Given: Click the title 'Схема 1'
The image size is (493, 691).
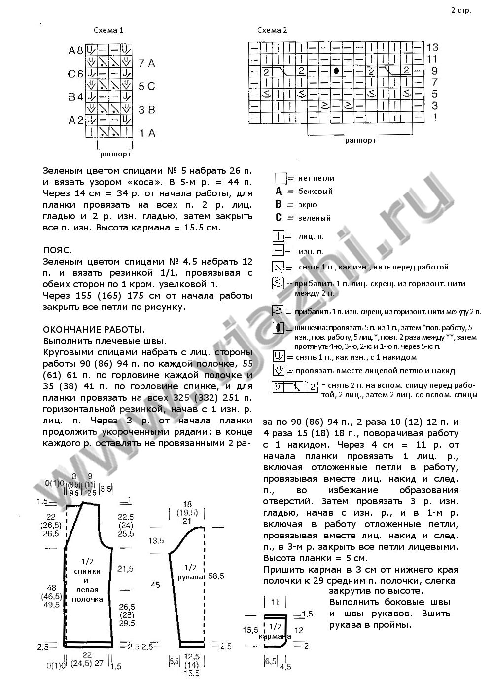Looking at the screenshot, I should (x=108, y=30).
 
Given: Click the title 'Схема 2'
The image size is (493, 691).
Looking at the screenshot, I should (x=272, y=30).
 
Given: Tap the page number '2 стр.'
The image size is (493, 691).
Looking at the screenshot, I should (x=460, y=10).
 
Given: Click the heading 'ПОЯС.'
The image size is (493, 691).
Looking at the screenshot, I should (x=58, y=250).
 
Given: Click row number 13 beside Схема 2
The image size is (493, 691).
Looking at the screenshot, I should (x=432, y=48).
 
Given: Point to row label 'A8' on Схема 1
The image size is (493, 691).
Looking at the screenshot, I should (x=76, y=50).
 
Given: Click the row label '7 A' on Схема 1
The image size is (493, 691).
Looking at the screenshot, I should (x=147, y=63).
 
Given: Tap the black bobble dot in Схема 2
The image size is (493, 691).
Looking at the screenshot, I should (x=336, y=71).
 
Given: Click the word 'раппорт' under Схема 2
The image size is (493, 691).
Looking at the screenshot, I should (x=360, y=140).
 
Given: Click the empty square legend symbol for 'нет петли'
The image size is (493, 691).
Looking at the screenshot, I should (x=281, y=178).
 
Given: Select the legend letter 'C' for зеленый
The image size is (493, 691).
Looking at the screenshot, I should (x=279, y=218).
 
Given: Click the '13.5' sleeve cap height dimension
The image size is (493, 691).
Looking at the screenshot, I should (x=157, y=541).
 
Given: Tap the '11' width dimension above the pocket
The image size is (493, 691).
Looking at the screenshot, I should (x=275, y=602).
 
